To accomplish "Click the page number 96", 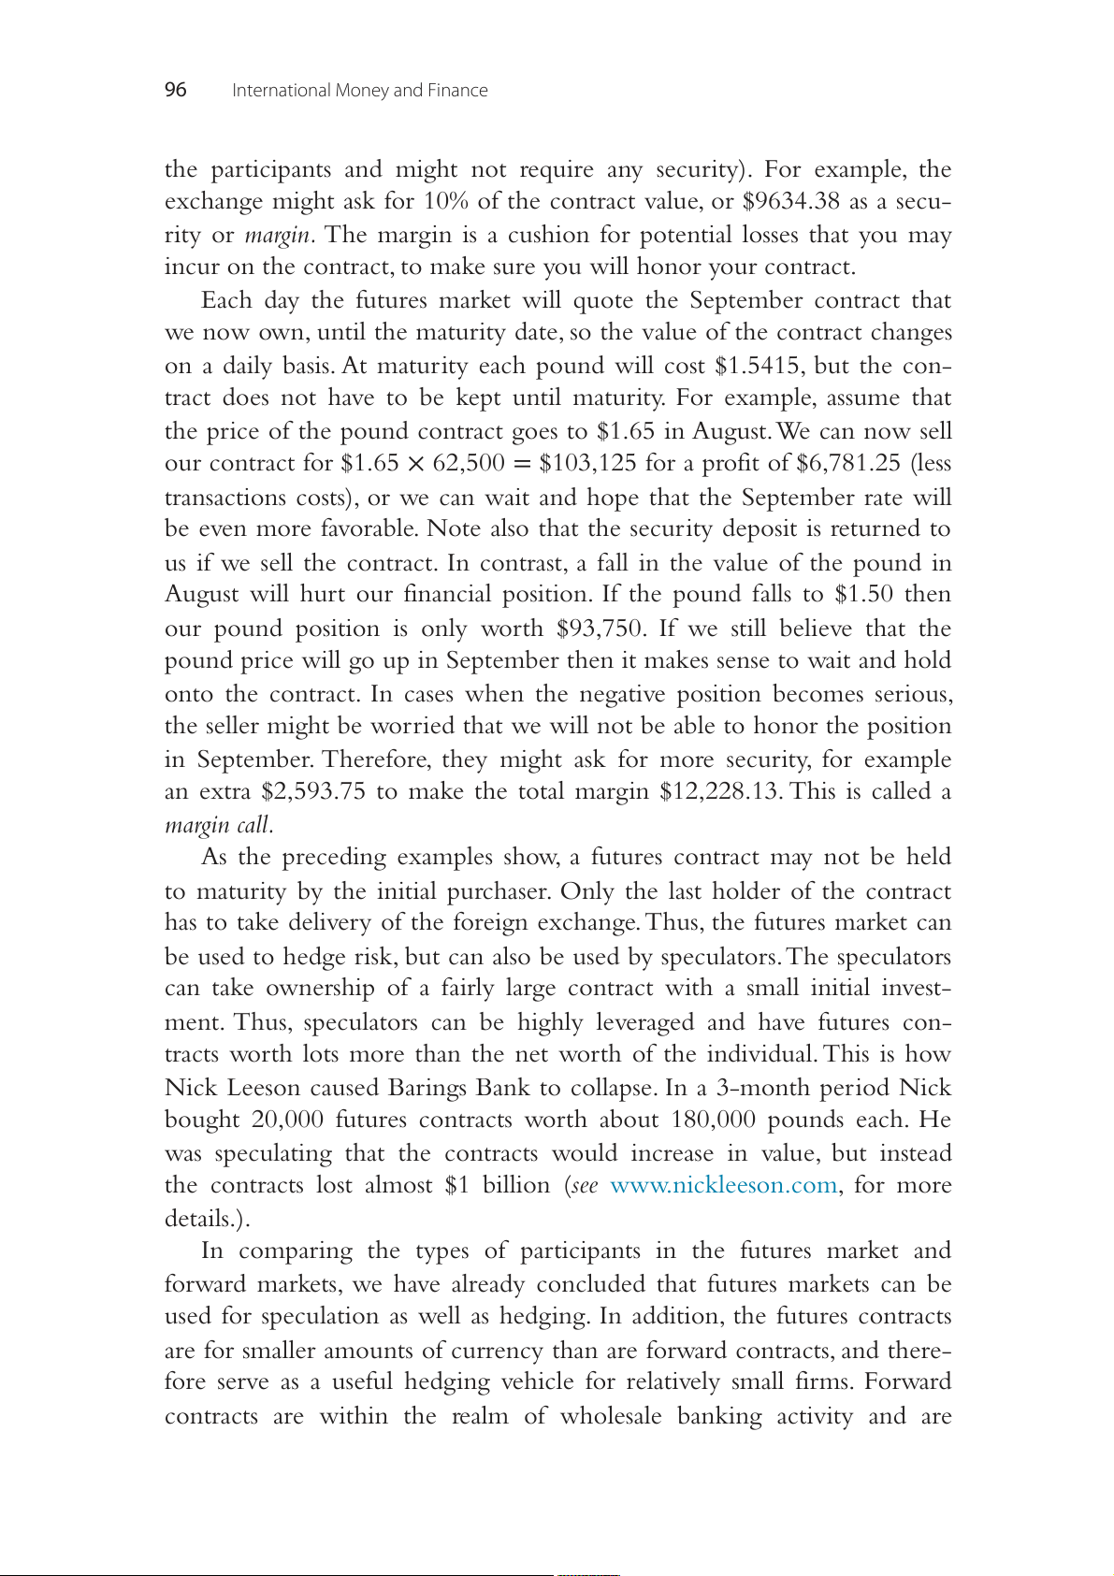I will coord(176,90).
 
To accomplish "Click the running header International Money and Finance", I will coord(359,91).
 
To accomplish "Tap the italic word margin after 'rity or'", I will coord(278,235).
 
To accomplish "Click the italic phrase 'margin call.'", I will coord(219,825).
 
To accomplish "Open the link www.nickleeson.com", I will coord(723,1186).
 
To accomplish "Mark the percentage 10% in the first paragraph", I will coord(446,202).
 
